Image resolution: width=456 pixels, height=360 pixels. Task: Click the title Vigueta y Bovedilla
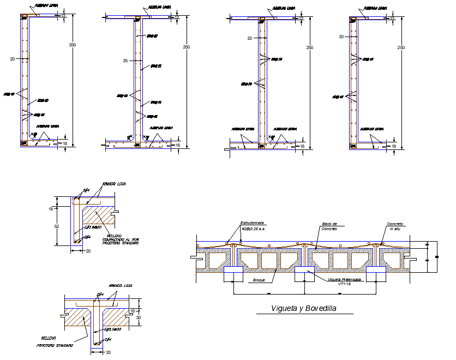pyautogui.click(x=304, y=309)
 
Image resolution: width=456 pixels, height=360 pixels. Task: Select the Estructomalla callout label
pyautogui.click(x=253, y=223)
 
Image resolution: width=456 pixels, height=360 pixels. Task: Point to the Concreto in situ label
pyautogui.click(x=395, y=226)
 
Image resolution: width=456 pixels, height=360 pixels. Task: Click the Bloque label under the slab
pyautogui.click(x=259, y=280)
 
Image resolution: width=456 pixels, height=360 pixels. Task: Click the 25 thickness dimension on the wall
pyautogui.click(x=125, y=61)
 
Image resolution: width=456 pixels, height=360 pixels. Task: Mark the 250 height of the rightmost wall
pyautogui.click(x=401, y=48)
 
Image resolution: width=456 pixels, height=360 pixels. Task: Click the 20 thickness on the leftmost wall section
pyautogui.click(x=13, y=57)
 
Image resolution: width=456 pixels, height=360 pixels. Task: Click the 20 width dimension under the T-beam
pyautogui.click(x=107, y=352)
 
